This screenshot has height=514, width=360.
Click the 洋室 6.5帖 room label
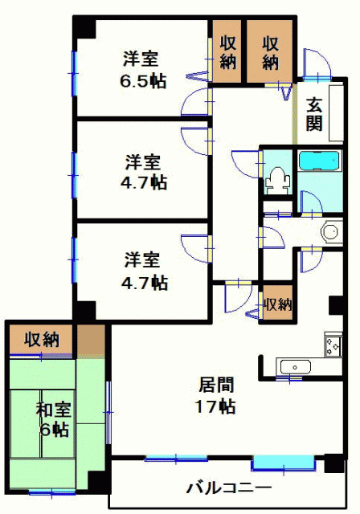point(144,70)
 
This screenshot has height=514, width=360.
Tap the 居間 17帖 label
point(215,395)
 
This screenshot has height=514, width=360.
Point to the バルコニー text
point(229,487)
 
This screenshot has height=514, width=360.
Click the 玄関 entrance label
point(313,114)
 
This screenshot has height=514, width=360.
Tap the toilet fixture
point(278,180)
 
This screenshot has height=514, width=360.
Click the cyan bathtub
point(320,161)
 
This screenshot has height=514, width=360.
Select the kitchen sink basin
point(296,367)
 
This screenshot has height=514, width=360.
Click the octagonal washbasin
point(329,231)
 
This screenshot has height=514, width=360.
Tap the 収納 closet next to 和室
point(41,339)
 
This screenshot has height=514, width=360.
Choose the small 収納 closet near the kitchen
point(278,304)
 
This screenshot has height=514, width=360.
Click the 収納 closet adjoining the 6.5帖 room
point(227,51)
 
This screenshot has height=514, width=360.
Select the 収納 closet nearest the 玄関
point(269,51)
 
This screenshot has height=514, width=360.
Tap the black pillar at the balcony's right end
point(334,463)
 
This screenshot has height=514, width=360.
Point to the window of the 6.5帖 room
point(74,73)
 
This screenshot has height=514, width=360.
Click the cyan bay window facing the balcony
point(284,463)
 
